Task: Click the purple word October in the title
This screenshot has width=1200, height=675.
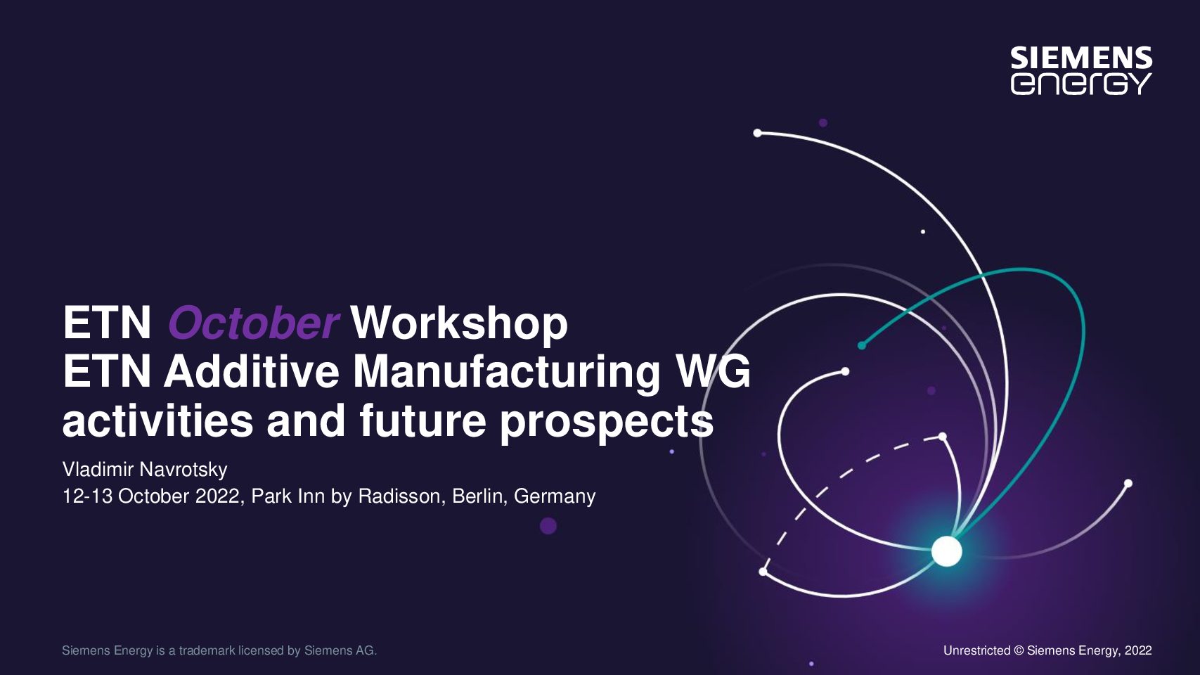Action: (x=253, y=323)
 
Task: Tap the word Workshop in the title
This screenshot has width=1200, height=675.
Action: (x=459, y=323)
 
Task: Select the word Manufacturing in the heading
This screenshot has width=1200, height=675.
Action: (x=506, y=373)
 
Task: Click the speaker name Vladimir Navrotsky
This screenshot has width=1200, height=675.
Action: (x=146, y=470)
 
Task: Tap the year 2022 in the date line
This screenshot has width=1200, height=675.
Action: (x=217, y=496)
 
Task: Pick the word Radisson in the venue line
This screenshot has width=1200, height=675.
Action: (x=399, y=496)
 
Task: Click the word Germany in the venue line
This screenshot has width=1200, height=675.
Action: (x=555, y=496)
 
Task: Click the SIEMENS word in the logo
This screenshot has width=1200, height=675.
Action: (x=1081, y=58)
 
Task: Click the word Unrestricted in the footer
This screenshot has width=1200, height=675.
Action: (x=976, y=650)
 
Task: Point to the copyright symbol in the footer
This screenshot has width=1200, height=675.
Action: (x=1019, y=651)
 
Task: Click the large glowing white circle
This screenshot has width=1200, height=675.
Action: (x=947, y=551)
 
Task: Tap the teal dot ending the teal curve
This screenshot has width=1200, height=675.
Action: (x=861, y=345)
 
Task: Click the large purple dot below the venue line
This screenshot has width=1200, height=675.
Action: (x=548, y=526)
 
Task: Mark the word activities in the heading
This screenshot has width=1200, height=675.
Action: (x=157, y=421)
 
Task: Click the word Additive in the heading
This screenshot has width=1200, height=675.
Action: (x=251, y=373)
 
